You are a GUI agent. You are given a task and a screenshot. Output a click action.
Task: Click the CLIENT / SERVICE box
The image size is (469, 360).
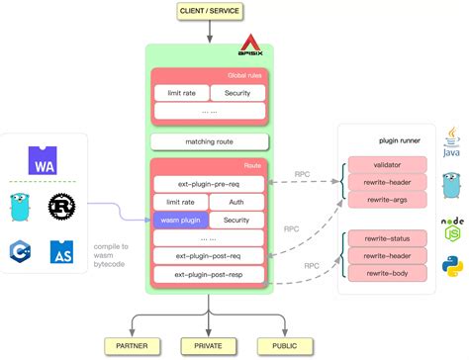(x=210, y=11)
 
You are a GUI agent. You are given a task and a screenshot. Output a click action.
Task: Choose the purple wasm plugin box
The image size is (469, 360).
(x=180, y=220)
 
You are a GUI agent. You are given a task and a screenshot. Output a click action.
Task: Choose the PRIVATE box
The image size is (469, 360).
(x=208, y=345)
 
